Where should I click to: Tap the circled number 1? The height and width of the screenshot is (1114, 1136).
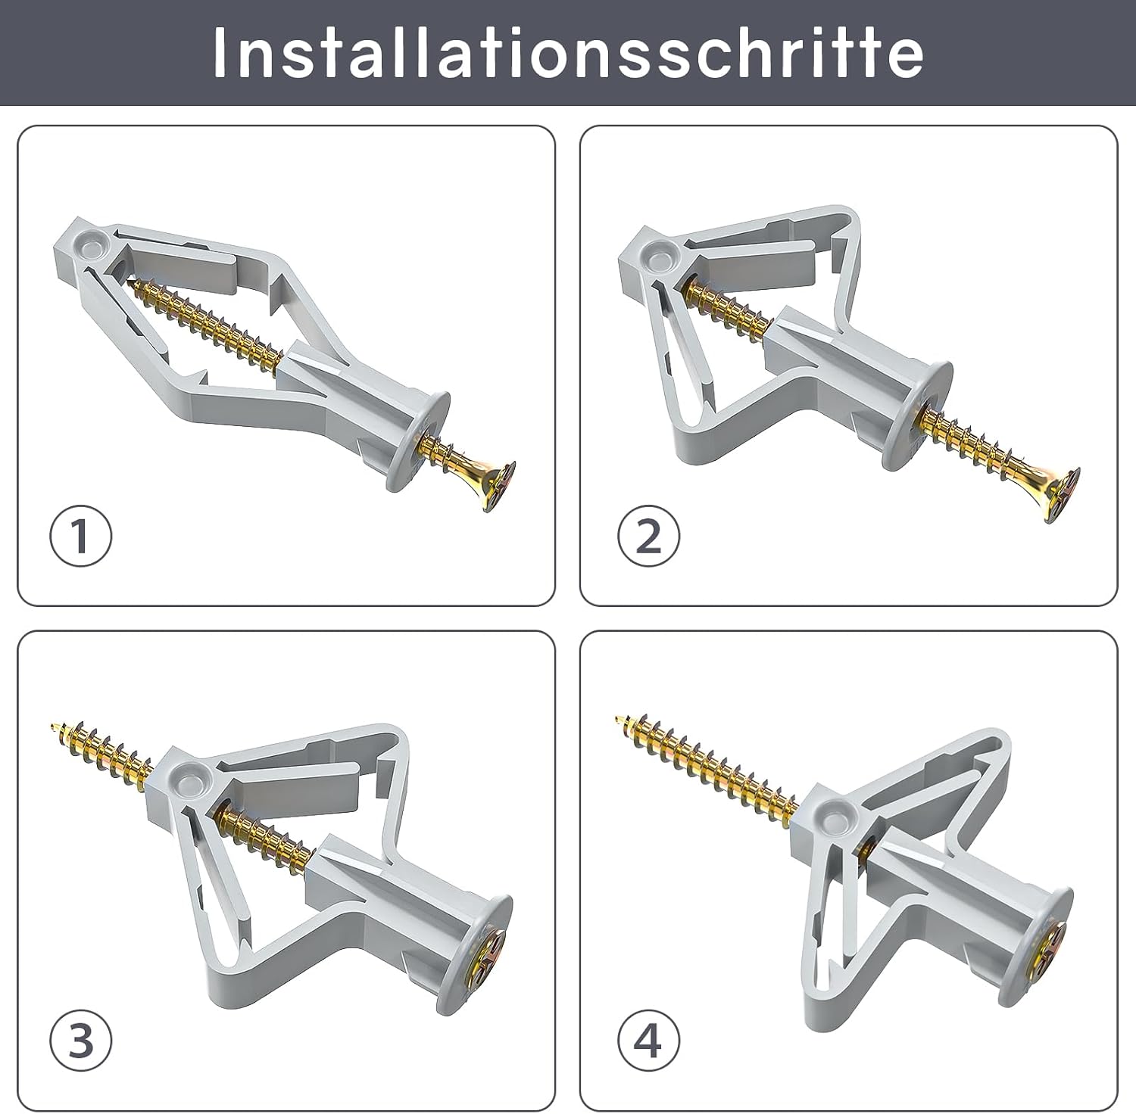(x=80, y=536)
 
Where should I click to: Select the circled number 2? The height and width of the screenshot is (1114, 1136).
(x=648, y=536)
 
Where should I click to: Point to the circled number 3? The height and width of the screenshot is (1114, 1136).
(x=80, y=1041)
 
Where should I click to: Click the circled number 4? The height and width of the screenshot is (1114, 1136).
(x=648, y=1041)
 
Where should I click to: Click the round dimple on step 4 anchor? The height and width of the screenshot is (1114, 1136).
(x=837, y=814)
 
